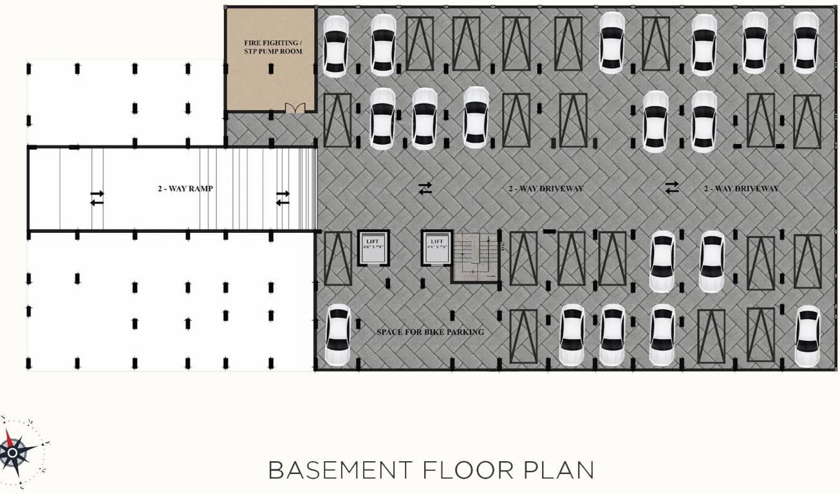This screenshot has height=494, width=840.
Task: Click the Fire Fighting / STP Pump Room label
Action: pos(272,47)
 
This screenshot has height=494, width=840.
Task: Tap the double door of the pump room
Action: pos(294,108)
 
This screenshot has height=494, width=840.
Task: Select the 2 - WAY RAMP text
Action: pos(185,189)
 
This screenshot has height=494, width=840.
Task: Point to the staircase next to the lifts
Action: pos(477,257)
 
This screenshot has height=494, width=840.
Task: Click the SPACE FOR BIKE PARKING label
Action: pos(430,333)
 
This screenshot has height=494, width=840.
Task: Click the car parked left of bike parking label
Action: pos(337,334)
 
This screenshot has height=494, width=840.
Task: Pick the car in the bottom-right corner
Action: pos(808,335)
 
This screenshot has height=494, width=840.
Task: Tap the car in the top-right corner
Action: pos(805,42)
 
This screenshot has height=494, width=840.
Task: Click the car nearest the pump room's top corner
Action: pos(335,45)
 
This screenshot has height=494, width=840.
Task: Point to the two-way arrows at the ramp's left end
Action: pos(97,197)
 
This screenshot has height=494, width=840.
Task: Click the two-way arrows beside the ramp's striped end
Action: pos(282,197)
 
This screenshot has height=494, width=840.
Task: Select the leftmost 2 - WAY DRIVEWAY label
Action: pos(546,189)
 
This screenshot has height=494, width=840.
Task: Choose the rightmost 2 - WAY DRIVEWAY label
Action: pos(741,189)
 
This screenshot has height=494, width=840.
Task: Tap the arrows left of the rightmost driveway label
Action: pos(672,187)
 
